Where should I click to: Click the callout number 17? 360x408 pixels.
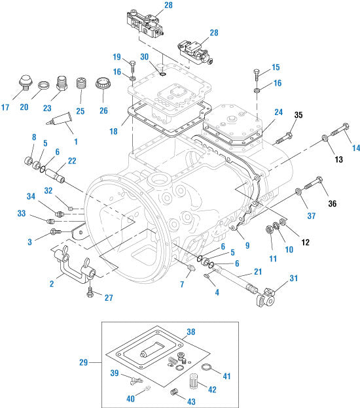[x=5, y=107]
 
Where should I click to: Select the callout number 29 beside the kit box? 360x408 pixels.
[x=83, y=362]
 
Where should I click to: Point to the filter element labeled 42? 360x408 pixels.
[x=194, y=381]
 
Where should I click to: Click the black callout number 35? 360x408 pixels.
[x=298, y=115]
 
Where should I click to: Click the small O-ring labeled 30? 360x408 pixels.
[x=162, y=75]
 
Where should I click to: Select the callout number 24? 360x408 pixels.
[x=278, y=112]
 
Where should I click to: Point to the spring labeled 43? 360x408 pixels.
[x=173, y=392]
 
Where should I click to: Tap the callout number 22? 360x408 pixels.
[x=72, y=161]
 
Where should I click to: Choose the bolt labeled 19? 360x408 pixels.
[x=132, y=66]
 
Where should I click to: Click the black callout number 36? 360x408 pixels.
[x=332, y=203]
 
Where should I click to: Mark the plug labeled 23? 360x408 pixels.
[x=62, y=83]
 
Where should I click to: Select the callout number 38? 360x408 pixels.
[x=191, y=331]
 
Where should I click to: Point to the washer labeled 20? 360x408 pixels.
[x=43, y=85]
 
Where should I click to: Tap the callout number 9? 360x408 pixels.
[x=247, y=245]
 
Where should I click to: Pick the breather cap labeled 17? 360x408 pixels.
[x=26, y=82]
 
